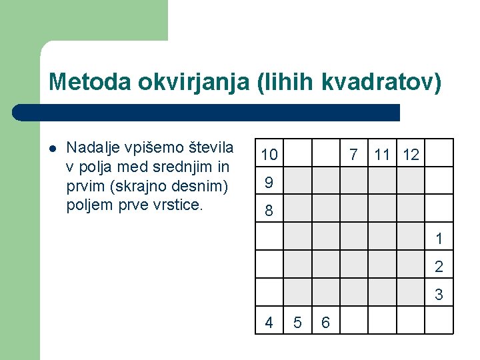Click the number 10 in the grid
pyautogui.click(x=269, y=155)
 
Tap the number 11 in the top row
pyautogui.click(x=382, y=155)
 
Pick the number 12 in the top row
pyautogui.click(x=411, y=155)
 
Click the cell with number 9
pyautogui.click(x=269, y=182)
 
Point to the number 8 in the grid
pyautogui.click(x=269, y=211)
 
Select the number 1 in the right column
pyautogui.click(x=439, y=238)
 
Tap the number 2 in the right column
pyautogui.click(x=439, y=267)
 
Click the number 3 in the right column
pyautogui.click(x=439, y=294)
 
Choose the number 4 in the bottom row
pyautogui.click(x=269, y=322)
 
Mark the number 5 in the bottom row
pyautogui.click(x=297, y=322)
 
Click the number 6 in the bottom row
pyautogui.click(x=325, y=322)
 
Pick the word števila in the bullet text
pyautogui.click(x=211, y=147)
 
